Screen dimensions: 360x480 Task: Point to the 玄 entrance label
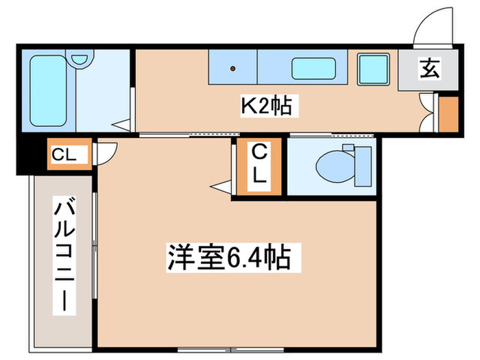click(431, 68)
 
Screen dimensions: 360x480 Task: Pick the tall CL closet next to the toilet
click(259, 164)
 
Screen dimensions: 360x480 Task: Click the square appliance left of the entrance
click(373, 69)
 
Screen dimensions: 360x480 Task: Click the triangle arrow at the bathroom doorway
click(122, 125)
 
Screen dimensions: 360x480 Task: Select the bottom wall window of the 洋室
click(206, 349)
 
